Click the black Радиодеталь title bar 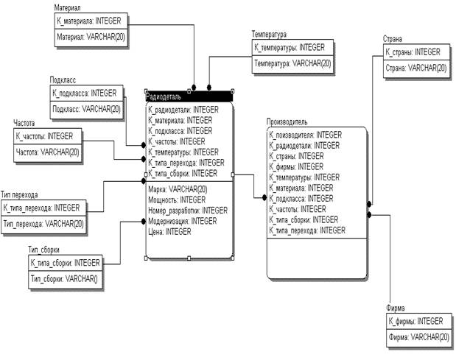coord(189,96)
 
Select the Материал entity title coord(67,8)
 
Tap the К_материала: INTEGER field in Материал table coord(88,21)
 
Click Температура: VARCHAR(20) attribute coord(292,63)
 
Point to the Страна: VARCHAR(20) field coord(416,68)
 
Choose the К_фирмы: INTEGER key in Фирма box coord(415,322)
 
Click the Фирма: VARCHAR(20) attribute coord(418,337)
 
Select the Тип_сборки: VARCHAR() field coord(64,279)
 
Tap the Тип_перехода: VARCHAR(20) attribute coord(43,224)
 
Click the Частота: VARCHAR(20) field coord(47,152)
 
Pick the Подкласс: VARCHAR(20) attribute coord(86,109)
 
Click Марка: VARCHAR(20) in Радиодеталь coord(178,189)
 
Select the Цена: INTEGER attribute coord(169,232)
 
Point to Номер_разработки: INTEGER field coord(188,211)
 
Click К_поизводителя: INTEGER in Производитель coord(306,135)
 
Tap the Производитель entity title coord(287,121)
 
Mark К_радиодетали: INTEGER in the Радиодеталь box coord(183,110)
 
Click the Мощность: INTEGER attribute coord(177,200)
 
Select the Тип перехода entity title coord(19,194)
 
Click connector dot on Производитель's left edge coord(264,197)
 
